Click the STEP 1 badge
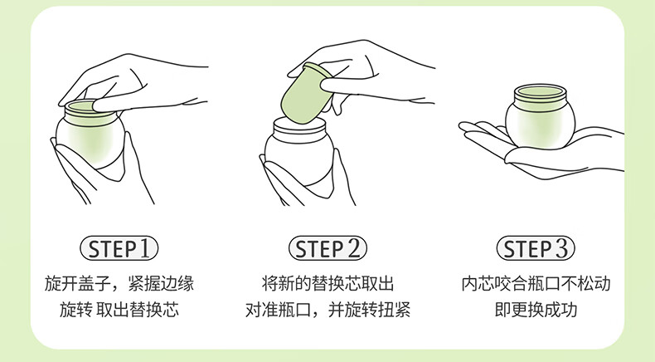pyautogui.click(x=119, y=248)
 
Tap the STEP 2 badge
pyautogui.click(x=327, y=248)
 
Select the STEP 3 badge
pyautogui.click(x=536, y=248)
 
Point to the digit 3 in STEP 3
pyautogui.click(x=561, y=248)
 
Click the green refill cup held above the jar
pyautogui.click(x=305, y=93)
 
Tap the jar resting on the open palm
pyautogui.click(x=540, y=116)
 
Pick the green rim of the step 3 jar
pyautogui.click(x=540, y=97)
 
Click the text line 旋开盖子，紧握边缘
pyautogui.click(x=119, y=283)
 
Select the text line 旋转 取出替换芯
pyautogui.click(x=119, y=310)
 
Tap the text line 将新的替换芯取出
pyautogui.click(x=327, y=283)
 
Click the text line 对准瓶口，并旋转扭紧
pyautogui.click(x=327, y=310)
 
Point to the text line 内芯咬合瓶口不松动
pyautogui.click(x=536, y=283)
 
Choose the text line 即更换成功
pyautogui.click(x=536, y=310)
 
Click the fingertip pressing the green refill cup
pyautogui.click(x=328, y=86)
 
